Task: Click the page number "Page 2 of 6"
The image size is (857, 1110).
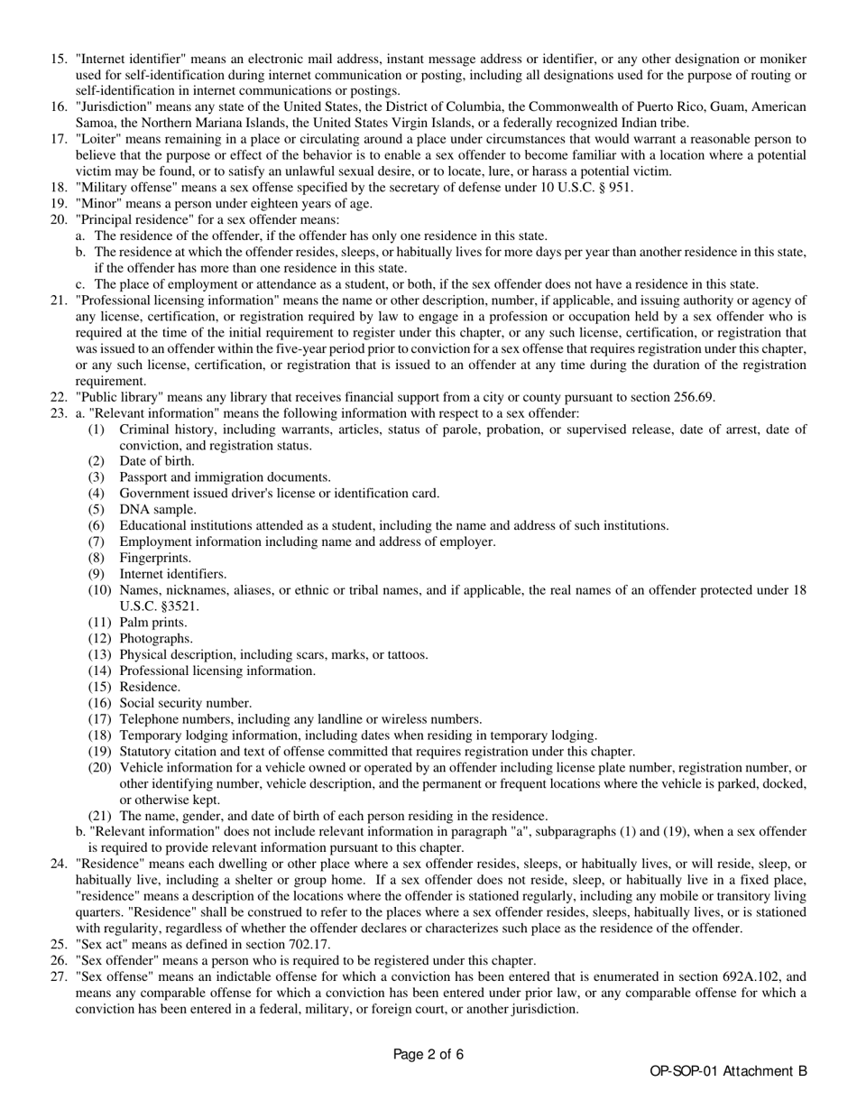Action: click(428, 1054)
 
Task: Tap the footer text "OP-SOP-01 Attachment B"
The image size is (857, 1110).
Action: click(728, 1072)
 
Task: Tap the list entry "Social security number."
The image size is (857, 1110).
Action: click(186, 703)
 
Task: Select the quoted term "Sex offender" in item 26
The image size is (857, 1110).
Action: click(116, 961)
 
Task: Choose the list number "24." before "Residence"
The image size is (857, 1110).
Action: click(59, 865)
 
